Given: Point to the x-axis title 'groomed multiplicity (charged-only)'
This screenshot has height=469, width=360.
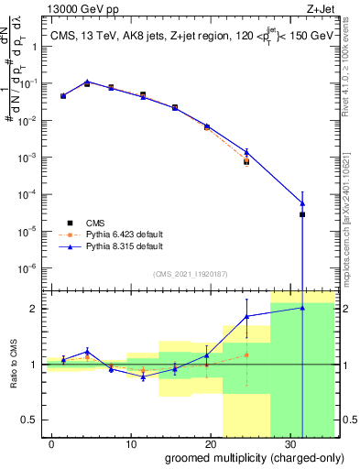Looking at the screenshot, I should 240,457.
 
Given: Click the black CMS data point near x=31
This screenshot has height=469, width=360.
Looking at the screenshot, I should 302,214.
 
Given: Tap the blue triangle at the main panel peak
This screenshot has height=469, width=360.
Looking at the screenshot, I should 87,82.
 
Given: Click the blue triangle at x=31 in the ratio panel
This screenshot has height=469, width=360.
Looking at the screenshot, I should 302,308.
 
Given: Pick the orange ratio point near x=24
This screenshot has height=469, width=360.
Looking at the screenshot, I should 245,354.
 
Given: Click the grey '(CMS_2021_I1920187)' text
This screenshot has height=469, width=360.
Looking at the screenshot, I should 190,272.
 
